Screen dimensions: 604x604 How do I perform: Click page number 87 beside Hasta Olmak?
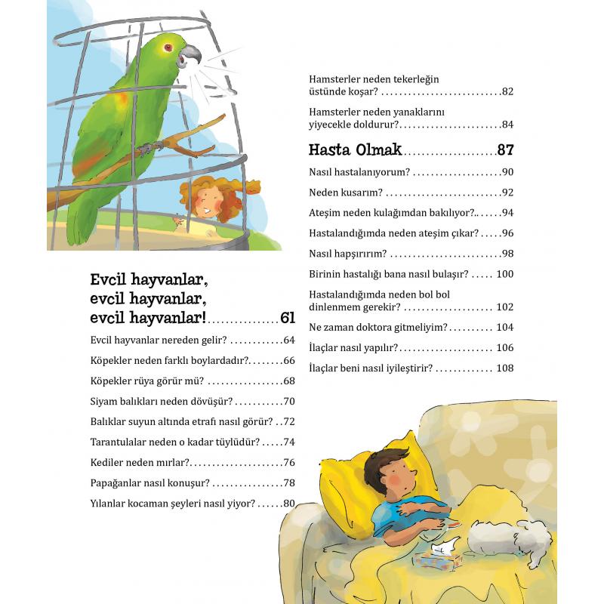(x=505, y=148)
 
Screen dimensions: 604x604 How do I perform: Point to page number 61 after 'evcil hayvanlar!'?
(x=287, y=318)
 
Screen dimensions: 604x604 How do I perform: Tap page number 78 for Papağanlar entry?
(x=288, y=482)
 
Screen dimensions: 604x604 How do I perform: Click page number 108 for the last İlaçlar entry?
(x=504, y=368)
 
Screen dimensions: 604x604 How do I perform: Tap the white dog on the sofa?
(x=502, y=537)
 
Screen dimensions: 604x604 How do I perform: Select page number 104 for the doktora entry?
(x=504, y=327)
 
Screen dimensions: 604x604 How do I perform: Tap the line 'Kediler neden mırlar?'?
(x=139, y=462)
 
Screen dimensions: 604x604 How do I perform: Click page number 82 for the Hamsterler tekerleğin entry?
(x=507, y=91)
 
